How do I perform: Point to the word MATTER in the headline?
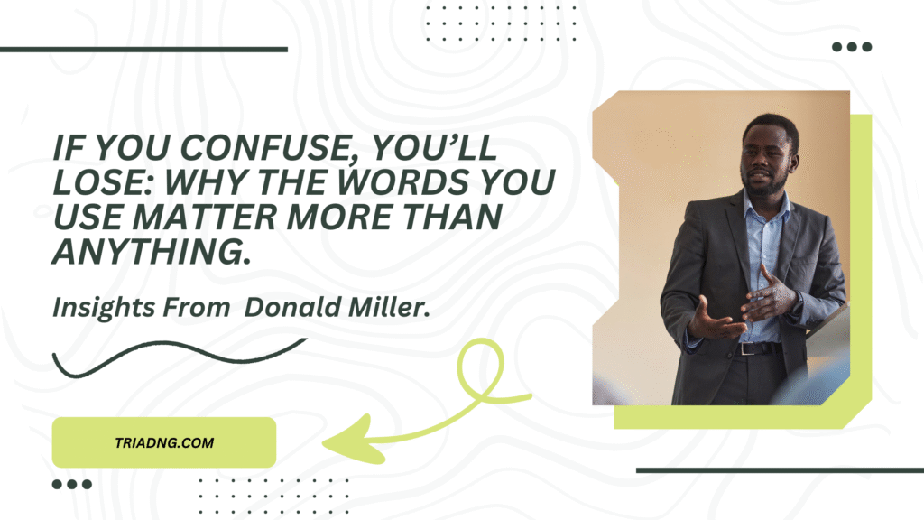coord(205,217)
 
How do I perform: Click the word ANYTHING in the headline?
coord(152,252)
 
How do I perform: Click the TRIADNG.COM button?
coord(164,442)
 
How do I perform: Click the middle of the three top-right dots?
coord(852,47)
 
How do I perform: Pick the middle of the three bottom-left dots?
coord(72,485)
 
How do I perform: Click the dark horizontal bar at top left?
coord(143,50)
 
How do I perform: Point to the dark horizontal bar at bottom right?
coord(781,470)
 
